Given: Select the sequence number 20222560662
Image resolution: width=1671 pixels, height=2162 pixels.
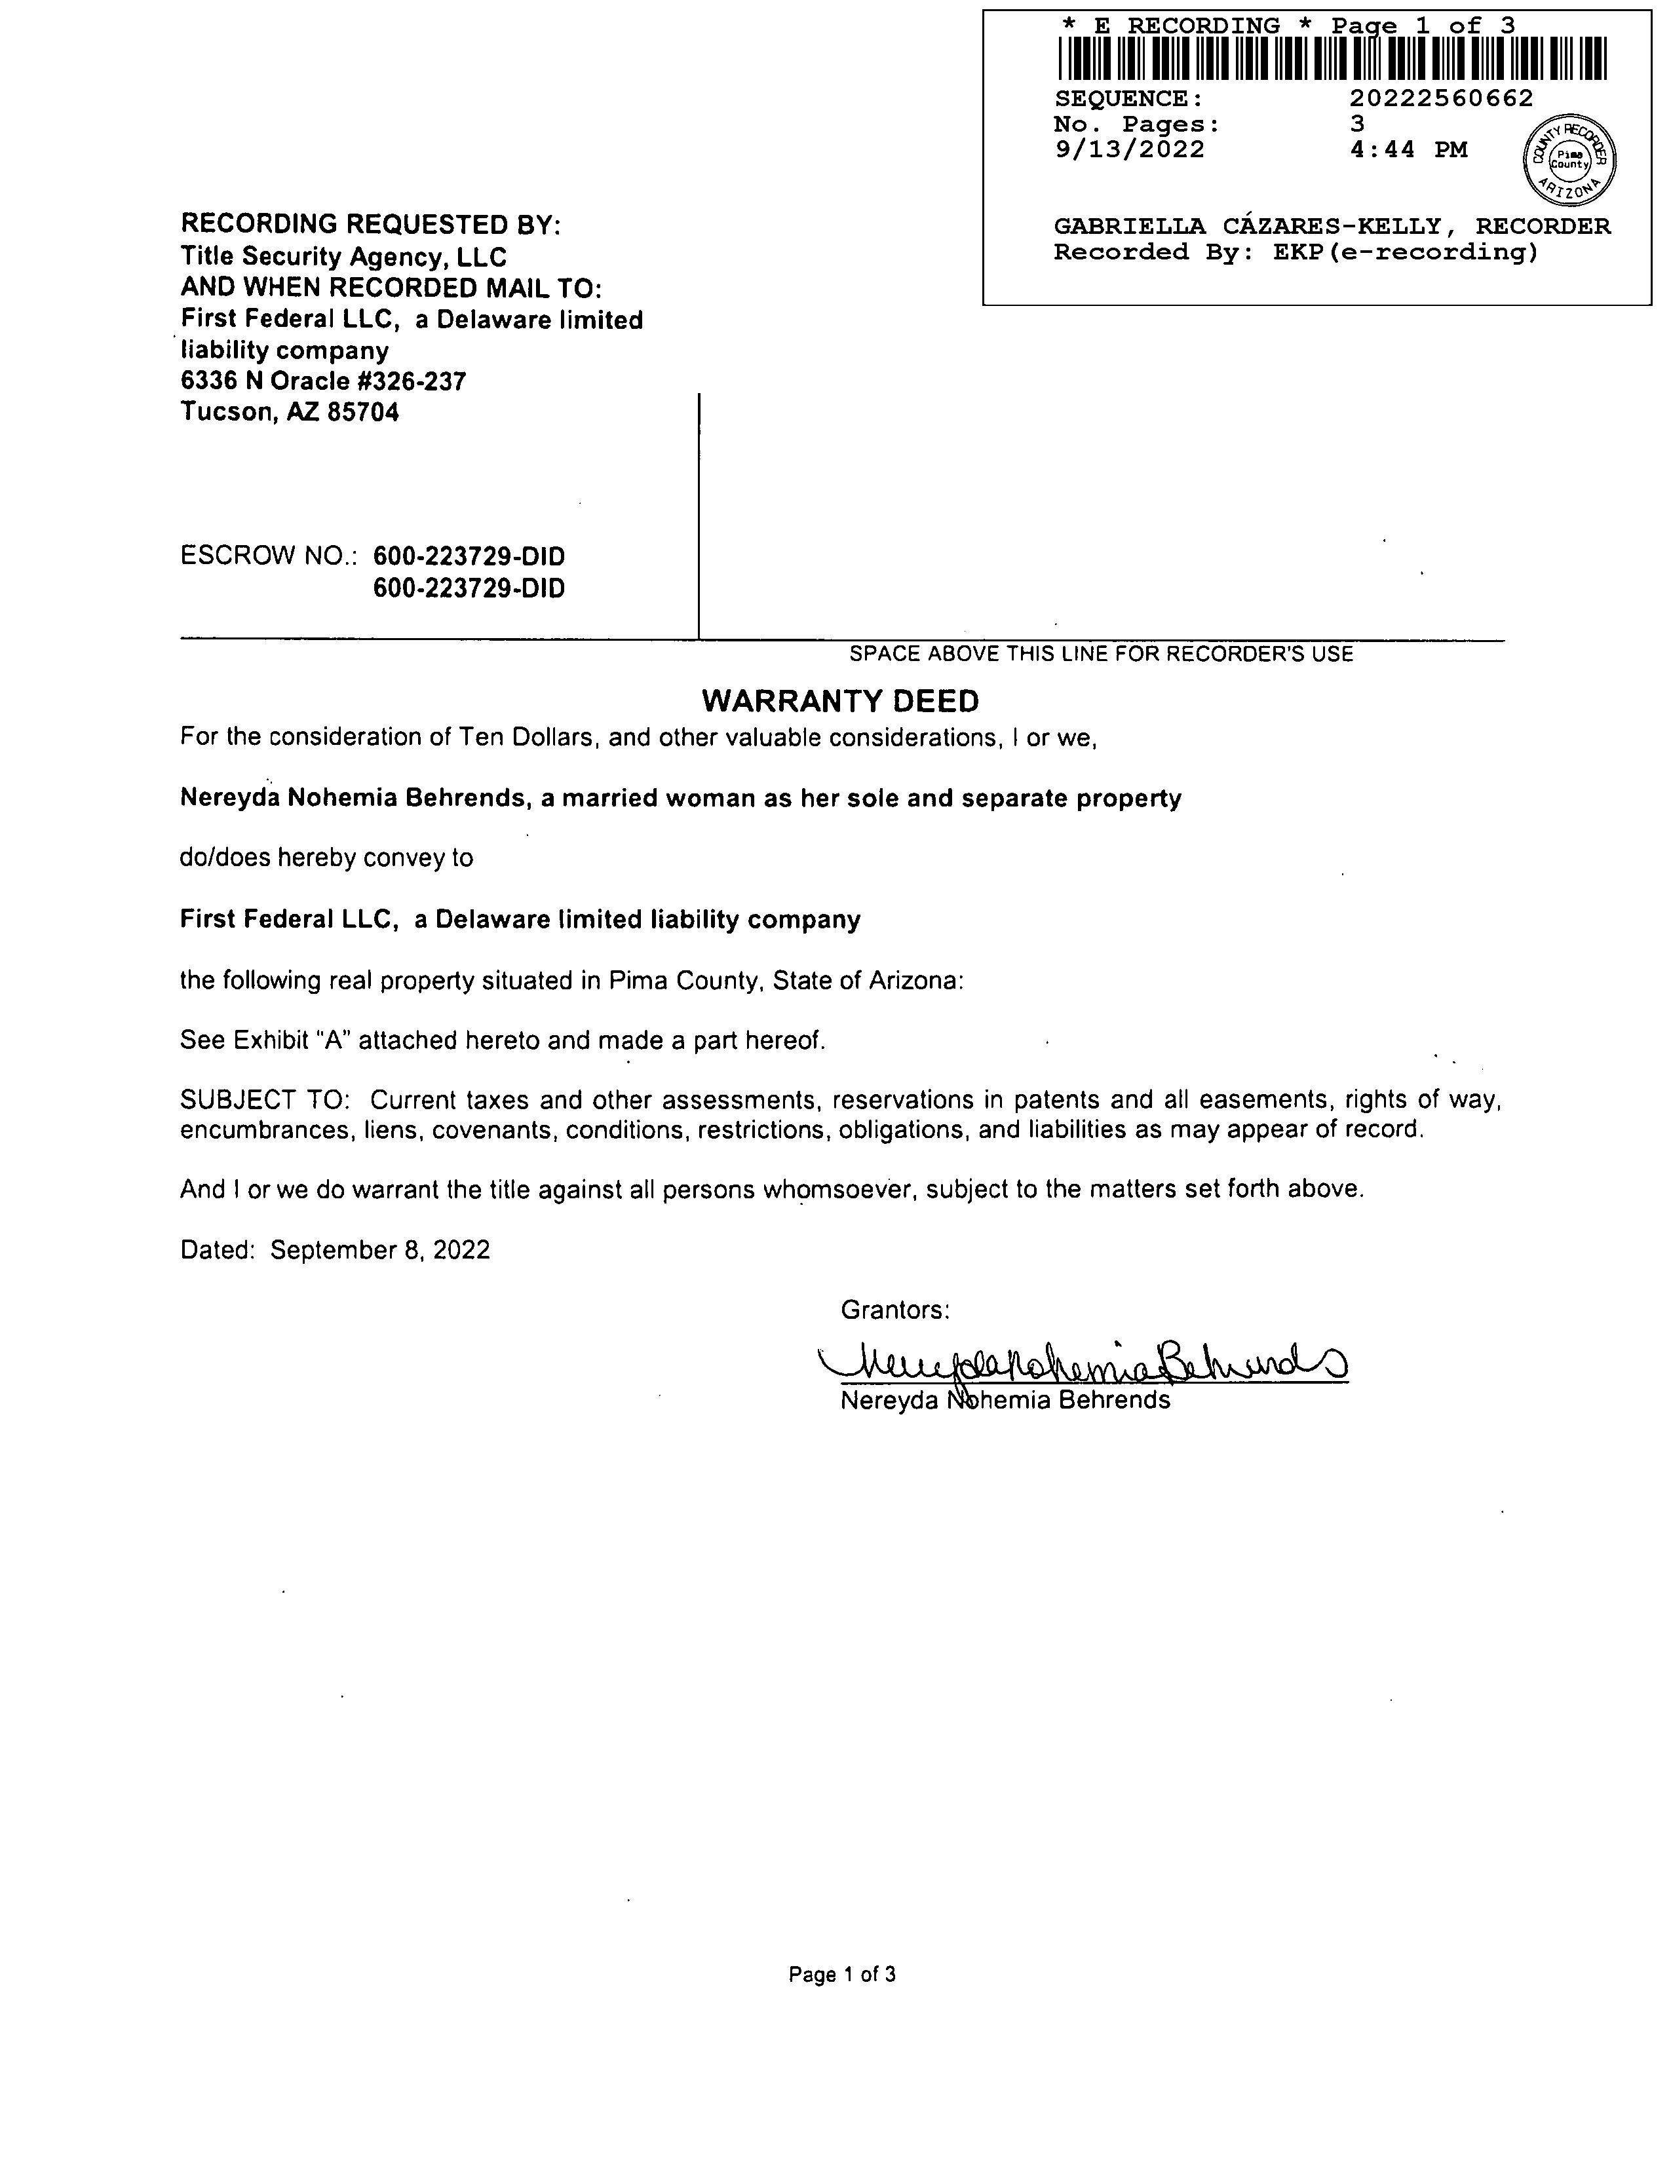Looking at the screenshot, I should tap(1442, 98).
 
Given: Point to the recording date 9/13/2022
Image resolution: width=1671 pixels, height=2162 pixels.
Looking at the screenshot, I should tap(1130, 149).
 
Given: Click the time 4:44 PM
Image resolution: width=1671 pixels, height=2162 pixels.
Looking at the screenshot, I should tap(1409, 149).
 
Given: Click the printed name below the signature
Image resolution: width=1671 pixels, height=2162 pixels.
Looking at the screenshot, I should tap(1005, 1401).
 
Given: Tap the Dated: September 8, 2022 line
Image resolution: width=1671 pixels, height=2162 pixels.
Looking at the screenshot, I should tap(335, 1250).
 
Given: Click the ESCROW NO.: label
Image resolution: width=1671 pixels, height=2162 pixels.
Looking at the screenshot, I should tap(268, 556).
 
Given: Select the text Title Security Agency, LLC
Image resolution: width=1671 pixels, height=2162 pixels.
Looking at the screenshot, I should tap(343, 256).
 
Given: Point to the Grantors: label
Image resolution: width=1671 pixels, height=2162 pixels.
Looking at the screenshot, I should tap(895, 1310).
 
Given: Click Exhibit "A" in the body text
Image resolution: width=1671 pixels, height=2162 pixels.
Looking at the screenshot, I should tap(294, 1040).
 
